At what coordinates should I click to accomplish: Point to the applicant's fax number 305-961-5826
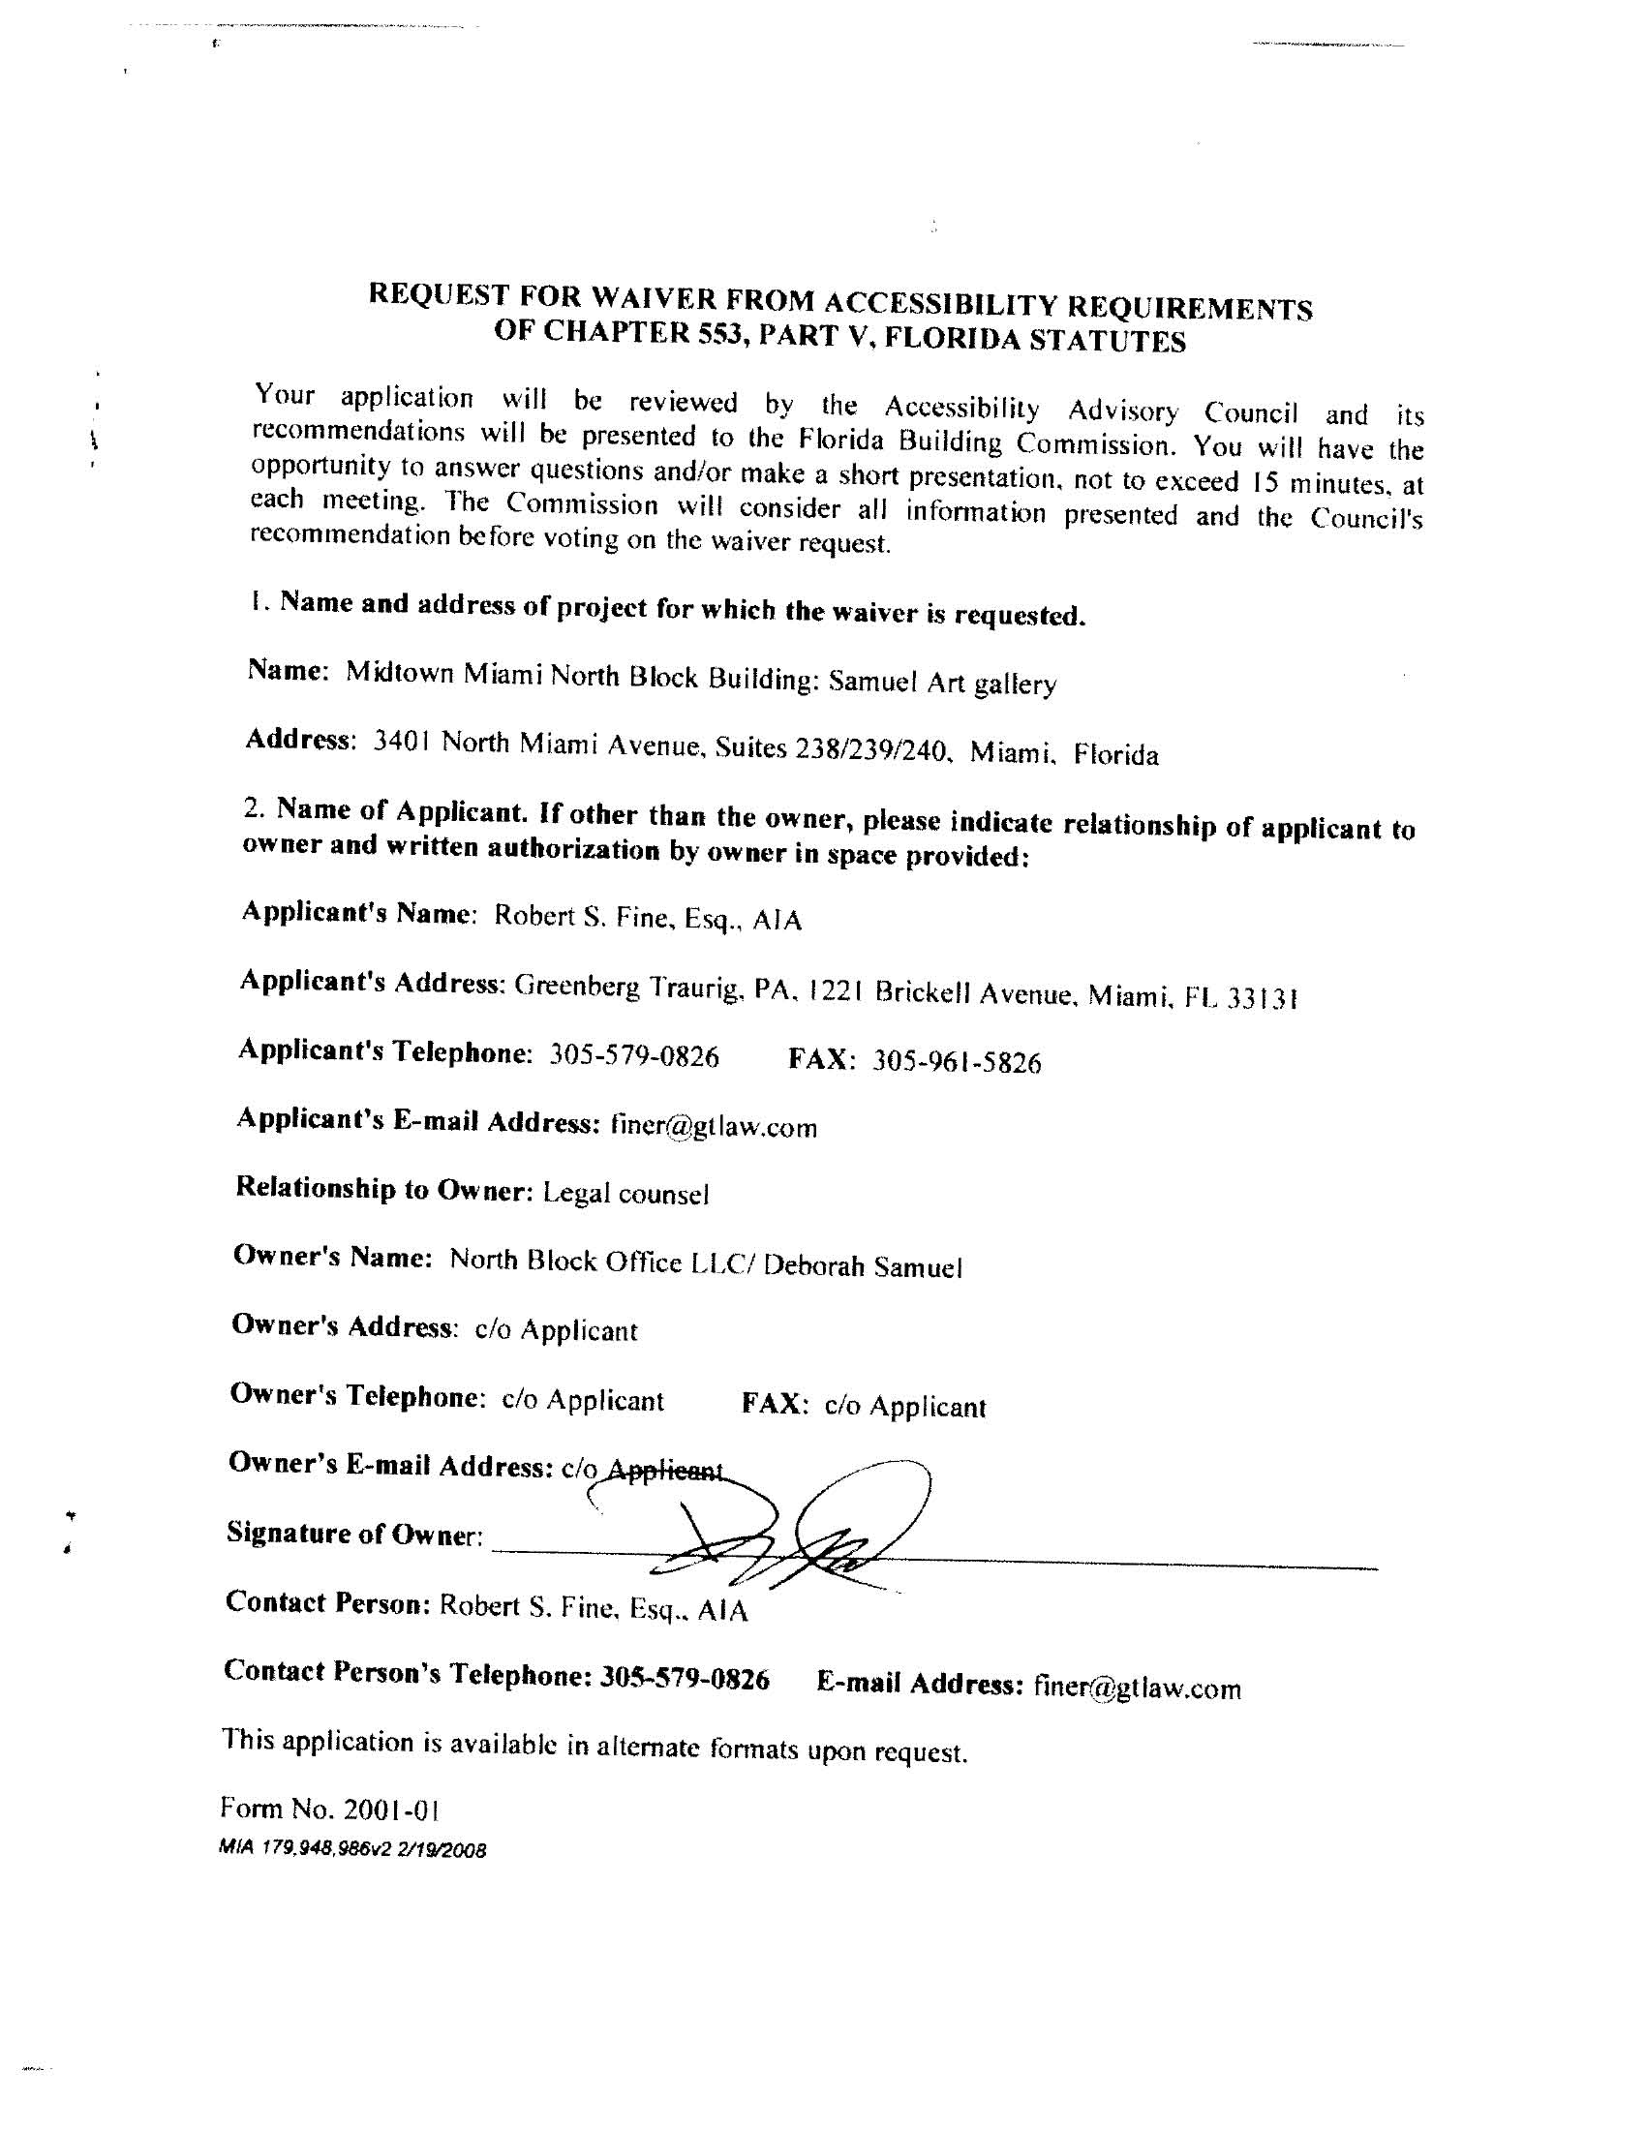click(x=957, y=1061)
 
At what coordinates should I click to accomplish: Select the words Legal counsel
click(x=626, y=1193)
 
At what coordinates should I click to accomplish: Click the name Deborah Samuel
click(x=863, y=1266)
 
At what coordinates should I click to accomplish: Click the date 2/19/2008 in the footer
click(x=441, y=1849)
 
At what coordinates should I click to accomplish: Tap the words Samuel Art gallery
click(x=942, y=682)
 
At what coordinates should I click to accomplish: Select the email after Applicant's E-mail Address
click(x=714, y=1127)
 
